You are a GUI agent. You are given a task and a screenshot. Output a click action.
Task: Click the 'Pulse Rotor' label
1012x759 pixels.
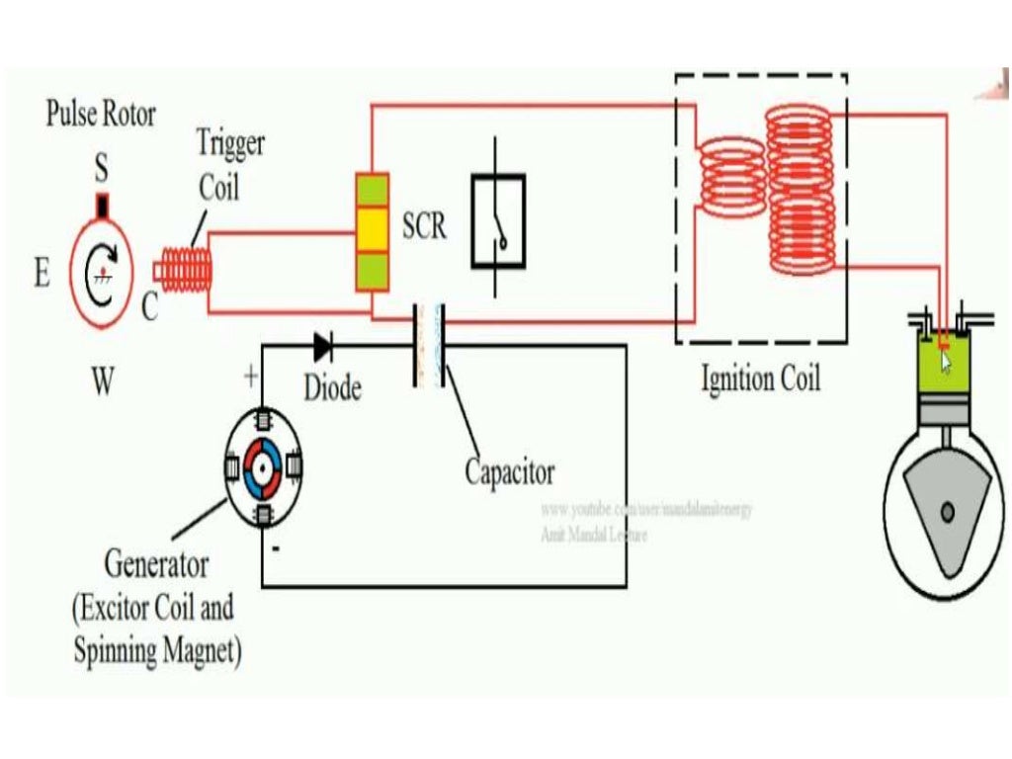pyautogui.click(x=101, y=115)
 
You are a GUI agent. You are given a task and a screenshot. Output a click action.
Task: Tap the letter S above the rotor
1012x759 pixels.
pyautogui.click(x=101, y=171)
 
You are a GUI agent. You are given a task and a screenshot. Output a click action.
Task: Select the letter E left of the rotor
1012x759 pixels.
pyautogui.click(x=42, y=273)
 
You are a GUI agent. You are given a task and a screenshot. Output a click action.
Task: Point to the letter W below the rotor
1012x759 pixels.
pyautogui.click(x=103, y=382)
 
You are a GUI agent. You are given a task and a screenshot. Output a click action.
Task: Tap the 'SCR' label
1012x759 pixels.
pyautogui.click(x=424, y=226)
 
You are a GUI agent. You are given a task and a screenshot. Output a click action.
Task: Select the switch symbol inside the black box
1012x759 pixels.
pyautogui.click(x=498, y=221)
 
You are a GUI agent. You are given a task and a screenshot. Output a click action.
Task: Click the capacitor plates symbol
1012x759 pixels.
pyautogui.click(x=428, y=345)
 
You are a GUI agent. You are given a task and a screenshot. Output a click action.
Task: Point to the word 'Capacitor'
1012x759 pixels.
pyautogui.click(x=510, y=471)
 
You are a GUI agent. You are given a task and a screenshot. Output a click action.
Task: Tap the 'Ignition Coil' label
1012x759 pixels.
pyautogui.click(x=760, y=379)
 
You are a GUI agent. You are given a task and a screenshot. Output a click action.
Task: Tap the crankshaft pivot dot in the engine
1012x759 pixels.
pyautogui.click(x=948, y=511)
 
